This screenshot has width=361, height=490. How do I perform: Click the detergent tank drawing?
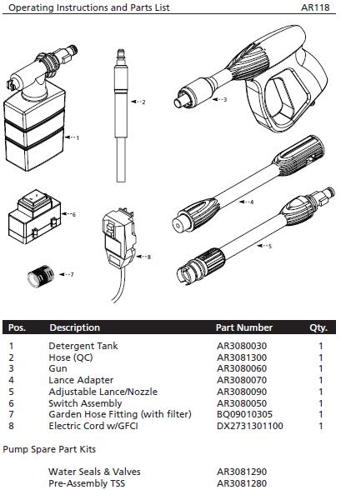click(38, 125)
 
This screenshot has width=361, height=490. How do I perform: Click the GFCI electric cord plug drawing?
click(118, 237)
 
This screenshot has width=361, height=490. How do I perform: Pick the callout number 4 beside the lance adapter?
click(252, 202)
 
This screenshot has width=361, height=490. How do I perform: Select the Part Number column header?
click(243, 327)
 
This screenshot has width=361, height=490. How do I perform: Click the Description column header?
click(74, 327)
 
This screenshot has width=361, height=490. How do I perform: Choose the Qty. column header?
click(318, 327)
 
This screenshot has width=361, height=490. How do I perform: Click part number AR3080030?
click(242, 346)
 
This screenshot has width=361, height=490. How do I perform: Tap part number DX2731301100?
click(250, 426)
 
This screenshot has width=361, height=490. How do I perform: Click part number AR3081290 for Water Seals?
click(242, 472)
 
